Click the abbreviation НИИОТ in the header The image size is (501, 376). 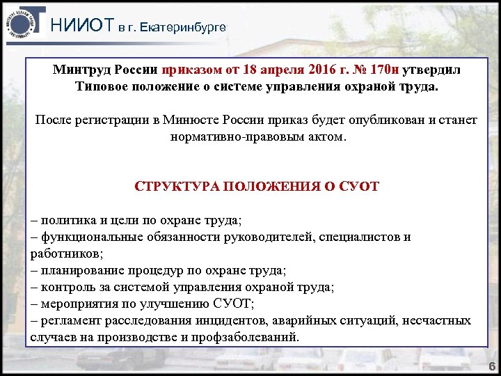click(x=82, y=26)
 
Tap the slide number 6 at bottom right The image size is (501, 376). click(x=491, y=366)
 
